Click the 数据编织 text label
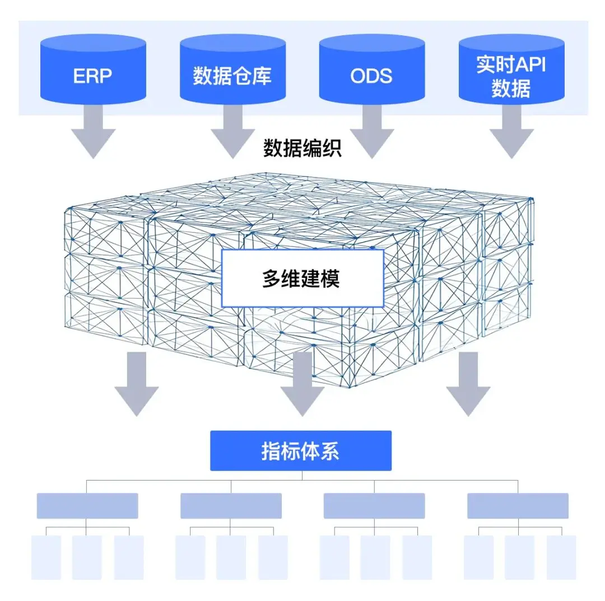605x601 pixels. pos(302,148)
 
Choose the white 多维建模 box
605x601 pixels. pos(302,278)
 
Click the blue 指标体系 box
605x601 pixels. pos(301,451)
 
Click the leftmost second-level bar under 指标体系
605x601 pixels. pos(87,506)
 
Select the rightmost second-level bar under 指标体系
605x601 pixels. pos(518,506)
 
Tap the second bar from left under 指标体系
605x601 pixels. pos(231,506)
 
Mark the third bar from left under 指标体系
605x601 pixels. pos(374,506)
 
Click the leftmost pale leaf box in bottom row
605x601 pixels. pos(46,557)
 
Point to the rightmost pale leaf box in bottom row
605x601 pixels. pos(561,557)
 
